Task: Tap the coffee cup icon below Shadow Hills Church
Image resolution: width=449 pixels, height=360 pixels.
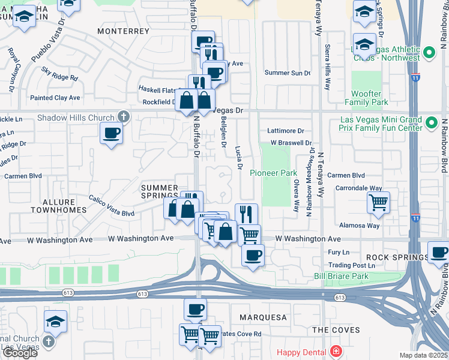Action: click(111, 133)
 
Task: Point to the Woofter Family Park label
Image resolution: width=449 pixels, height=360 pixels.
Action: click(366, 98)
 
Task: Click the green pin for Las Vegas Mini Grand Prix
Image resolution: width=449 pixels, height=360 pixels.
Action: click(430, 124)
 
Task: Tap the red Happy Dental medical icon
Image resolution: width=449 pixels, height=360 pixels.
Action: click(337, 352)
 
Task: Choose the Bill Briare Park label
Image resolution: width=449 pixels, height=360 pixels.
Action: click(341, 276)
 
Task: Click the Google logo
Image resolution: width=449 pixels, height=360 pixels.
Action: click(20, 353)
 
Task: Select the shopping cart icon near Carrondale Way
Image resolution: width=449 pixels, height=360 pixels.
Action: click(378, 203)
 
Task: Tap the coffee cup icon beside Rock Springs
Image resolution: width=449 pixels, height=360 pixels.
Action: click(439, 252)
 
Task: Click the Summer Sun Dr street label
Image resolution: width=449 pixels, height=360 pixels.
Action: click(288, 73)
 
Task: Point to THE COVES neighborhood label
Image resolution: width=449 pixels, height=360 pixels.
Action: click(336, 330)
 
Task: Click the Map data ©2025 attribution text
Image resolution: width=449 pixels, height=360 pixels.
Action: click(423, 355)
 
